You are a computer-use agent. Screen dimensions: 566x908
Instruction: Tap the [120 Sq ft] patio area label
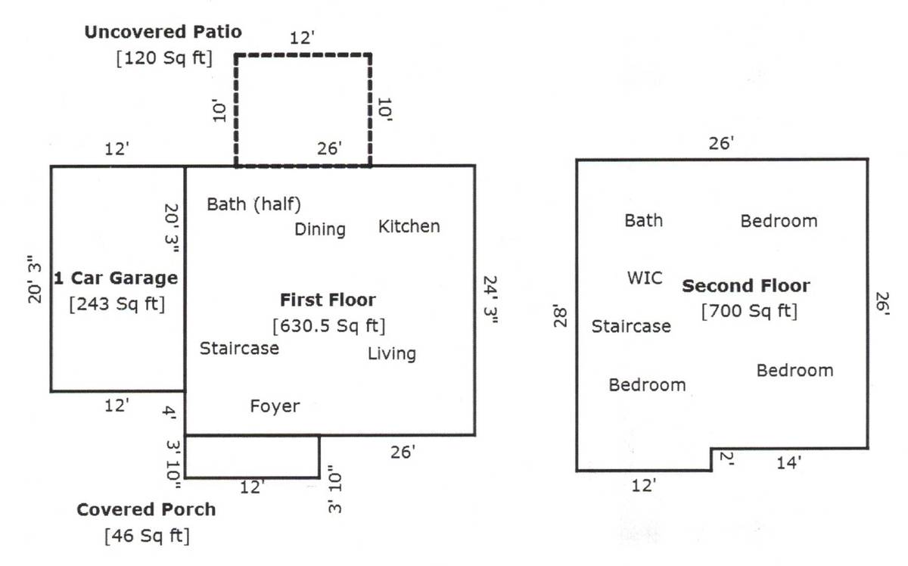[164, 58]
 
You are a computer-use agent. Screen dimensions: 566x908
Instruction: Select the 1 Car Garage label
[116, 278]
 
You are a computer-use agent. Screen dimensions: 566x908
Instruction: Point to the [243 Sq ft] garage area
[117, 304]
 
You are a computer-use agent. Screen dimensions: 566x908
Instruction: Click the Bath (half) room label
[254, 204]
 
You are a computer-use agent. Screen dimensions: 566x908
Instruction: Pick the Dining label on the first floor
[320, 229]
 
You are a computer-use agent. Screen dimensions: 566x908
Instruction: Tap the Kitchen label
[409, 225]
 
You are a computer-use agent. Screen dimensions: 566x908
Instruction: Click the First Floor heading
[328, 300]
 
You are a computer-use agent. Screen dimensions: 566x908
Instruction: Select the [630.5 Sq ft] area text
[329, 326]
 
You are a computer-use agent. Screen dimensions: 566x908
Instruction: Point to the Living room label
[392, 353]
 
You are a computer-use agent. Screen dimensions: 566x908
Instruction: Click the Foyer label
[275, 406]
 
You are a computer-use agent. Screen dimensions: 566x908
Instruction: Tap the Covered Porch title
[146, 509]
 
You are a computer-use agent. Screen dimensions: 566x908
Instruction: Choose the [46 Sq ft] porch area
[147, 536]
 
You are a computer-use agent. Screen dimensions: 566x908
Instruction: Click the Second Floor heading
[746, 286]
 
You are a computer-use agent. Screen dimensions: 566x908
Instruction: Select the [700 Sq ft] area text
[749, 311]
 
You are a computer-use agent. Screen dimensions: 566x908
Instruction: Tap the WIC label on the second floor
[645, 277]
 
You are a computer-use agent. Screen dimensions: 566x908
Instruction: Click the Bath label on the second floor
[643, 220]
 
